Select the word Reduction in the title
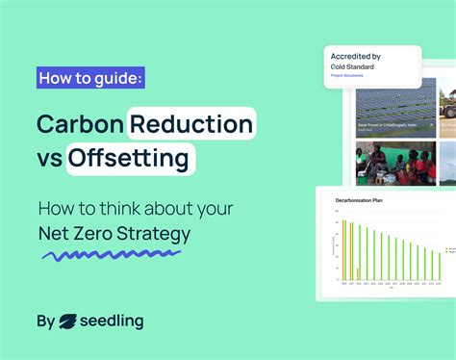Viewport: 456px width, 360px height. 192,124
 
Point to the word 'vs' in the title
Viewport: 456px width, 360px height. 49,158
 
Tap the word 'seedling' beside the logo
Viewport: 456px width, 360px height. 113,321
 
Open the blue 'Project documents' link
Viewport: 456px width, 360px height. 345,75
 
